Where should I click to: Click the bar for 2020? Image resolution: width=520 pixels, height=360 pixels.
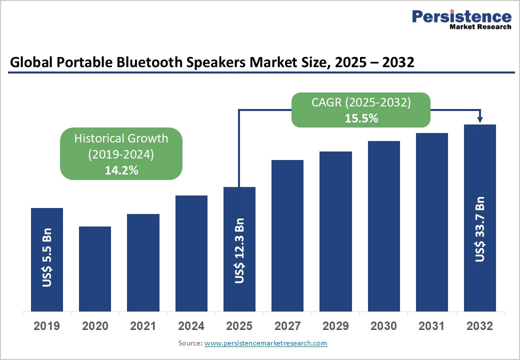[95, 268]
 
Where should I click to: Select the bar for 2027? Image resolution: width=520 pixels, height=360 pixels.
[287, 235]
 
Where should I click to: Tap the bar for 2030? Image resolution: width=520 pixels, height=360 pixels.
[384, 226]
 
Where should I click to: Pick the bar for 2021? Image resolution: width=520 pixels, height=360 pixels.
[143, 262]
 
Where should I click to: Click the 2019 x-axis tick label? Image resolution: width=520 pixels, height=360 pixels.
[46, 326]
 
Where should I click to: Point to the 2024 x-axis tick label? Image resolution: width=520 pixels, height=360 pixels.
[191, 326]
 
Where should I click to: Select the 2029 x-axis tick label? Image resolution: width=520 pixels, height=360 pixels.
[335, 326]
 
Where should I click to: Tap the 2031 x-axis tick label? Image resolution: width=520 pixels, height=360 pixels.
[431, 326]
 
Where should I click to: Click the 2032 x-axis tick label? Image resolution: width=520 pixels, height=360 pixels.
[479, 326]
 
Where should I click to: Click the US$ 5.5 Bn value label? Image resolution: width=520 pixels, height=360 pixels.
[47, 258]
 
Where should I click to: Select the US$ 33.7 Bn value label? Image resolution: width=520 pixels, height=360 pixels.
[480, 229]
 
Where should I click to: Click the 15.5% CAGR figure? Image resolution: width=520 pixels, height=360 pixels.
[361, 118]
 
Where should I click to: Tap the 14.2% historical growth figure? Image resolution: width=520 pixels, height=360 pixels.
[121, 170]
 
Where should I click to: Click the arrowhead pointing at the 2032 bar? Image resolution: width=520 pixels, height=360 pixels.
[480, 119]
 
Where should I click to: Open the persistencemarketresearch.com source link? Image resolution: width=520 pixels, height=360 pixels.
[265, 343]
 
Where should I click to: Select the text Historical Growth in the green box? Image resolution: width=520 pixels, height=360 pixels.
[121, 138]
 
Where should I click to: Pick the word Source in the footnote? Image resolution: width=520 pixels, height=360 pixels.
[189, 343]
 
